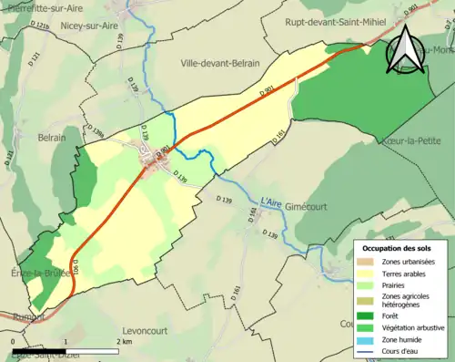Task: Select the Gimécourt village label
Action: point(298,208)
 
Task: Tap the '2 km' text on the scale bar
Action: point(125,341)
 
